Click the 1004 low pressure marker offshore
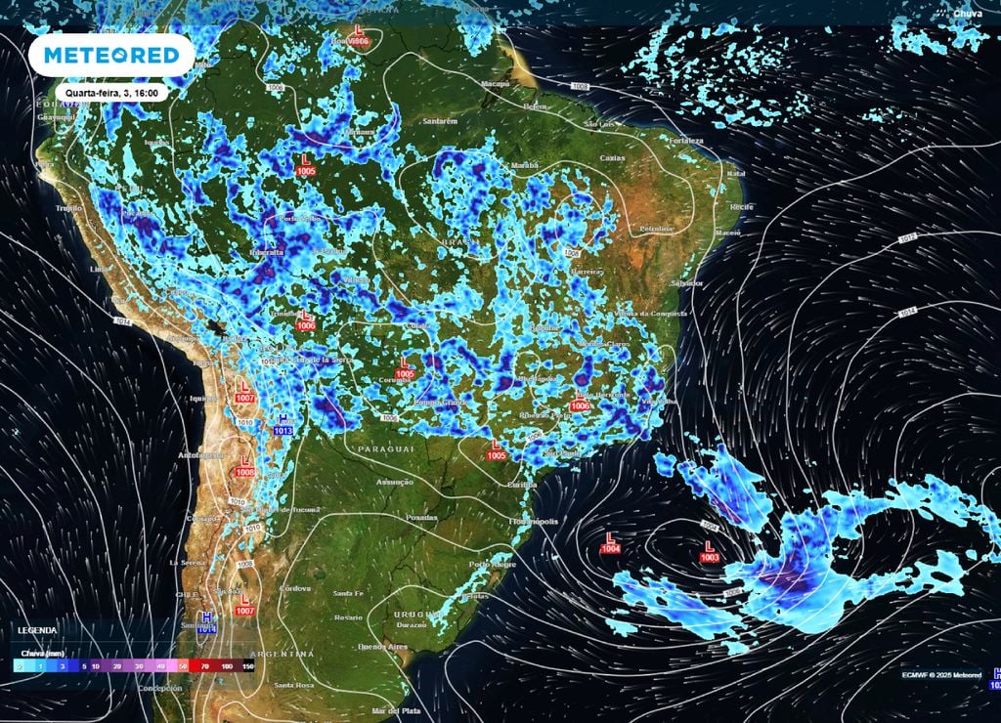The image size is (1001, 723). point(612,543)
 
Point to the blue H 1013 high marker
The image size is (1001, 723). point(283,424)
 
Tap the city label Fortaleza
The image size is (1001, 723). point(686,141)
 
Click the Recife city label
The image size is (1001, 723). point(741,208)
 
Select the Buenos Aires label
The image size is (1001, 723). point(382,647)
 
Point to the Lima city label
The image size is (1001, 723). point(97,269)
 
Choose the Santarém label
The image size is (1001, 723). point(439,121)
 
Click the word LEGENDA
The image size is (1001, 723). point(36,630)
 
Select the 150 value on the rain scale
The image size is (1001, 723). point(247,666)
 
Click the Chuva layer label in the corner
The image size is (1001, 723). point(969,14)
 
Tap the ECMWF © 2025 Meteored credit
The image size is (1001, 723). point(941,674)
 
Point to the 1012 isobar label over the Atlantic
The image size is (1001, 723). point(907,237)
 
